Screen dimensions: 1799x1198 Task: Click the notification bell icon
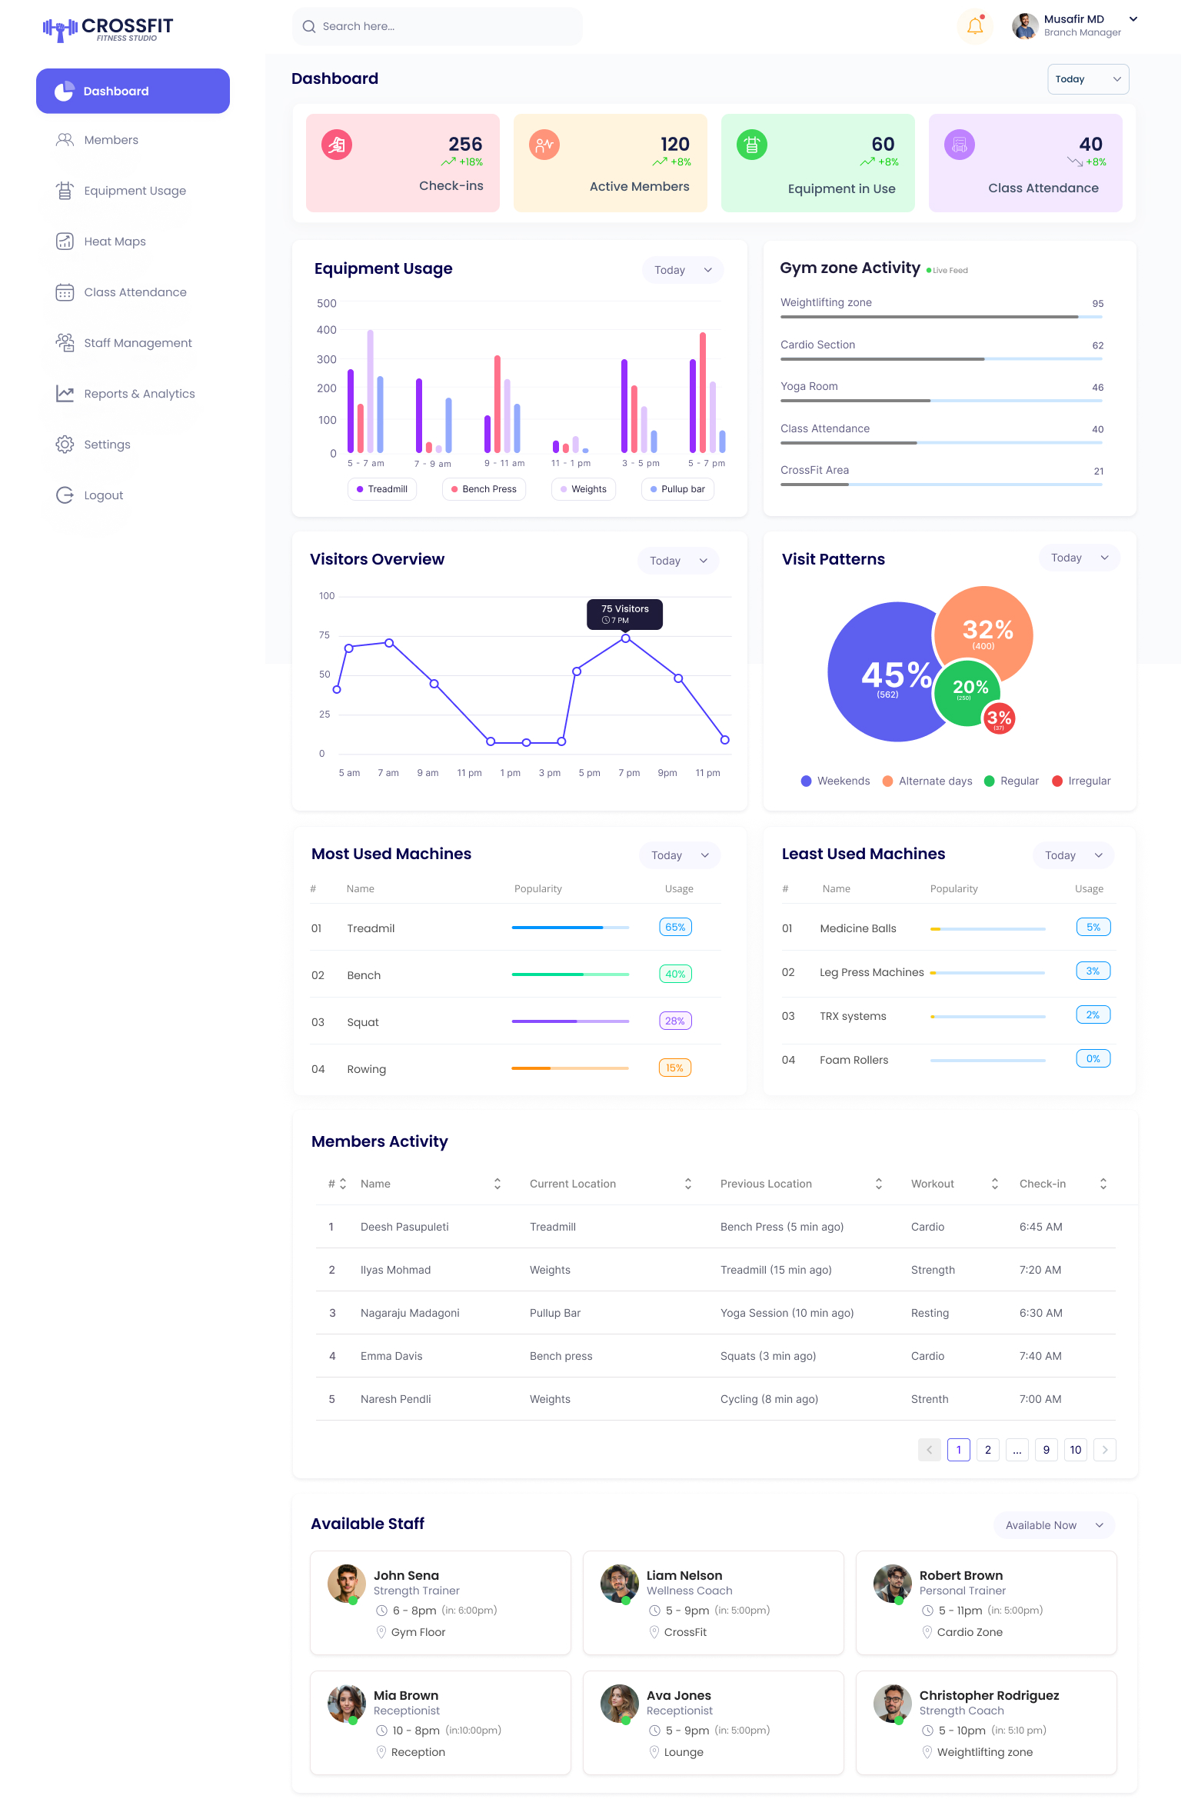(x=975, y=27)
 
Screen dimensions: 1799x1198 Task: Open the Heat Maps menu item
(x=115, y=242)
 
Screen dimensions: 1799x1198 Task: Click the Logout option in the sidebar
(x=103, y=495)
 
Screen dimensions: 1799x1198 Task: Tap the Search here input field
(x=437, y=27)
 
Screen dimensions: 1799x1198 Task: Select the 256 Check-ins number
(x=465, y=145)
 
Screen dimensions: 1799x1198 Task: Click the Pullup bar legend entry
(x=677, y=489)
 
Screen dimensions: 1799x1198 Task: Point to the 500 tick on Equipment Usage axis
(x=327, y=304)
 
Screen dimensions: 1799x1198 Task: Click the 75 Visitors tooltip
(x=624, y=614)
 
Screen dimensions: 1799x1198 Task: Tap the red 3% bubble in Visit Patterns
(x=999, y=718)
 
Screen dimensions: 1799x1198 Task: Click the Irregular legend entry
(x=1081, y=781)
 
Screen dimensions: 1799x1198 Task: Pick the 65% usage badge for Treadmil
(x=675, y=928)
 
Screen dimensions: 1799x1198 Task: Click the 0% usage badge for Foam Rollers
(x=1093, y=1059)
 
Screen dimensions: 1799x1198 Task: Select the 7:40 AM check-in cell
(x=1040, y=1356)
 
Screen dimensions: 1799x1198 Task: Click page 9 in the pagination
(x=1046, y=1450)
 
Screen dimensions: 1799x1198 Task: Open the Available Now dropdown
(x=1053, y=1525)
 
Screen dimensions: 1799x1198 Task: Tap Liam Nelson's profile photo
(x=619, y=1584)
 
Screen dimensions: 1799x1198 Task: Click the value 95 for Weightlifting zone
(x=1097, y=304)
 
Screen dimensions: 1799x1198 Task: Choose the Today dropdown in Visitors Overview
(x=677, y=561)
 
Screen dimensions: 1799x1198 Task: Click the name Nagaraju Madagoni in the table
(x=410, y=1313)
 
